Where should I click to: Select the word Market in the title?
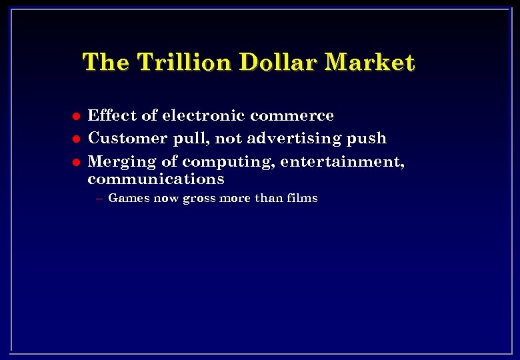click(370, 63)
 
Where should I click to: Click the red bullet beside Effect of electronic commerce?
click(76, 116)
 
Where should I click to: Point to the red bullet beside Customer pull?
click(76, 139)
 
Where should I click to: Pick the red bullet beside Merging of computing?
click(76, 162)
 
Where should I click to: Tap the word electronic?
click(203, 115)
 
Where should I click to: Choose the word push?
click(368, 138)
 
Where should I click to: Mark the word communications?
click(156, 179)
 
